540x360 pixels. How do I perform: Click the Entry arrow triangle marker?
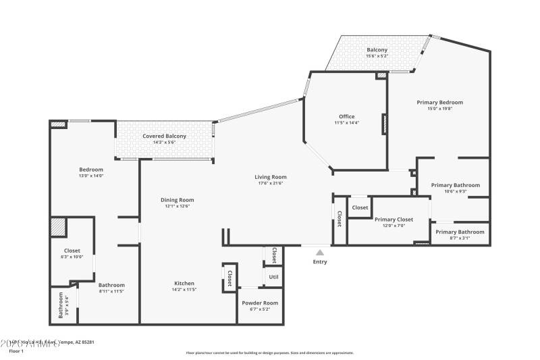pyautogui.click(x=320, y=253)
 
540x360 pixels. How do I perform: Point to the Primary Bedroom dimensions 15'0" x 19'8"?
pyautogui.click(x=439, y=109)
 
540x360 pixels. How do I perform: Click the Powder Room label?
pyautogui.click(x=260, y=303)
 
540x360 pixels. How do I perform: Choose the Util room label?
pyautogui.click(x=273, y=277)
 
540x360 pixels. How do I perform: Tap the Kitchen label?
pyautogui.click(x=184, y=283)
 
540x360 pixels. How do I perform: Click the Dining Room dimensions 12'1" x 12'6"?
pyautogui.click(x=178, y=206)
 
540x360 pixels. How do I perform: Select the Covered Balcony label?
pyautogui.click(x=164, y=136)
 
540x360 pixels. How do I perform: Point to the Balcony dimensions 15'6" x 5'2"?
pyautogui.click(x=377, y=56)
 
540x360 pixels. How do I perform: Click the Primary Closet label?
pyautogui.click(x=394, y=219)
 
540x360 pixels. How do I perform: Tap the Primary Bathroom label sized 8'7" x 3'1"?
pyautogui.click(x=460, y=232)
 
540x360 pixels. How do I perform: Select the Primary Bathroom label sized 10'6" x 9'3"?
pyautogui.click(x=456, y=185)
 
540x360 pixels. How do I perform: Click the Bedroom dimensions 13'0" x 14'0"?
pyautogui.click(x=91, y=176)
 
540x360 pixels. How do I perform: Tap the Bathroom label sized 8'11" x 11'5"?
pyautogui.click(x=111, y=285)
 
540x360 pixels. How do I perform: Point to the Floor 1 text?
pyautogui.click(x=16, y=351)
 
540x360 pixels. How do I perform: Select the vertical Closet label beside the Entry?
pyautogui.click(x=339, y=219)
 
